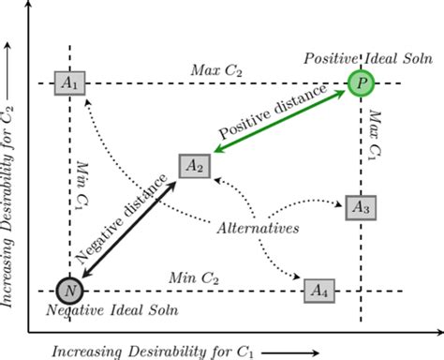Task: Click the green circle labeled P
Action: point(361,83)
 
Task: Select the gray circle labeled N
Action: point(69,291)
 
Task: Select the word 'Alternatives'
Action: point(256,228)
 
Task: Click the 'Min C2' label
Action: point(195,278)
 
